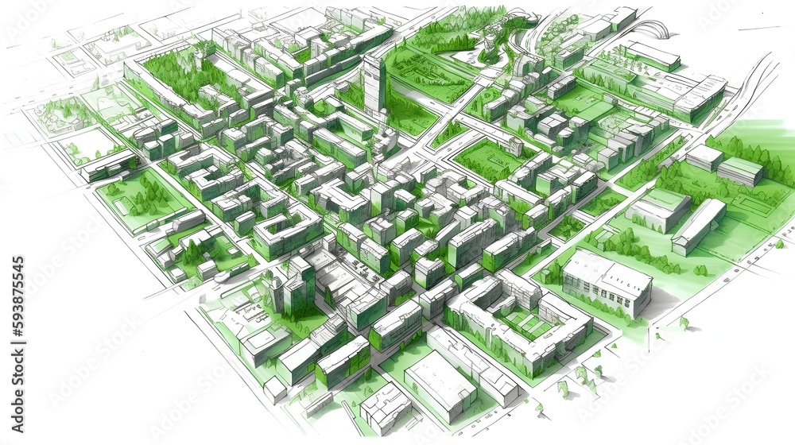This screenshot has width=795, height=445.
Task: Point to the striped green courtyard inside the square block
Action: pyautogui.click(x=524, y=323)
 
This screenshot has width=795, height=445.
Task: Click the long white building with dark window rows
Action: pyautogui.click(x=607, y=283)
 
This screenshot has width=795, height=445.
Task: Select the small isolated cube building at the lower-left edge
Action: pyautogui.click(x=275, y=389)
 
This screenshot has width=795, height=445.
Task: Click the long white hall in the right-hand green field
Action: pyautogui.click(x=698, y=226)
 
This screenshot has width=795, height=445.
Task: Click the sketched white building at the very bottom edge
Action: pyautogui.click(x=385, y=409)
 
